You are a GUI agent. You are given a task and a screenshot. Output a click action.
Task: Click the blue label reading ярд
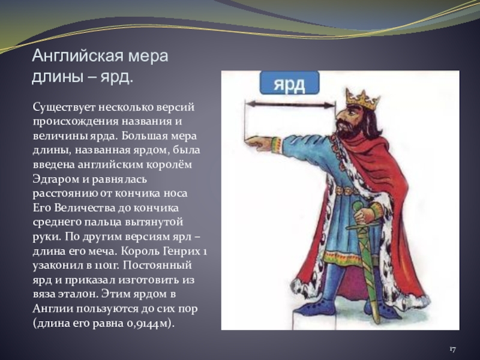point(289,83)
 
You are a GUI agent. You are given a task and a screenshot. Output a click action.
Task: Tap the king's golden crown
point(362,100)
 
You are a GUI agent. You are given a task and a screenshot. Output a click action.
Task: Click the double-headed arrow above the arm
point(290,105)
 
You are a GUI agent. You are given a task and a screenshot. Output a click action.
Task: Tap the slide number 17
point(452,349)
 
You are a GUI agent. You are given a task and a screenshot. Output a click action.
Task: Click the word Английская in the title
point(77,56)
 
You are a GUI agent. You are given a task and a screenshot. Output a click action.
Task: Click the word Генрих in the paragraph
point(181,251)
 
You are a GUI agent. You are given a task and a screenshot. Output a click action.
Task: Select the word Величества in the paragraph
point(86,208)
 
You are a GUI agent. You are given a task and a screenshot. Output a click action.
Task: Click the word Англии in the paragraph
point(53,309)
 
